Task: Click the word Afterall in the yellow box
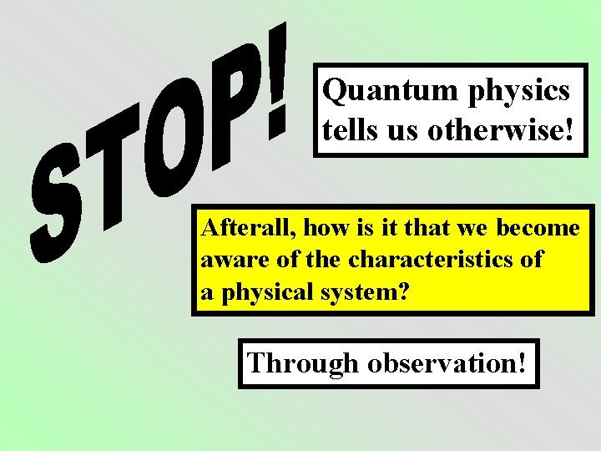(x=249, y=227)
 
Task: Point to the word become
(x=538, y=227)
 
